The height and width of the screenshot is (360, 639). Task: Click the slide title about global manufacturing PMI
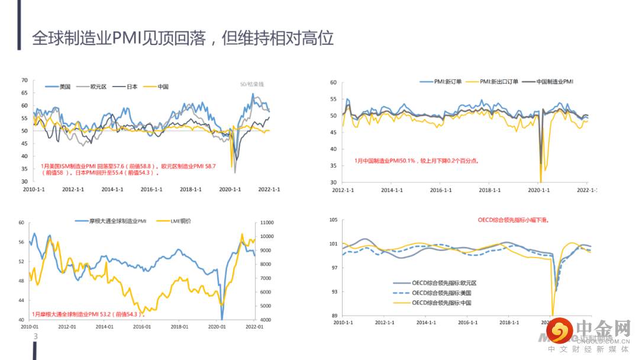coord(183,38)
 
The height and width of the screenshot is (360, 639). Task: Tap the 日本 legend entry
coord(132,86)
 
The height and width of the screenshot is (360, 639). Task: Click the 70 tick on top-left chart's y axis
coord(24,80)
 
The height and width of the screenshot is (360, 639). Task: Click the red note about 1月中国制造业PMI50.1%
coord(417,160)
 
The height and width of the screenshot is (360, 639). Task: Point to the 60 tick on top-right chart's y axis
coord(333,83)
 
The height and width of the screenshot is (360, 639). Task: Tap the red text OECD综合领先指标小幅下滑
coord(513,220)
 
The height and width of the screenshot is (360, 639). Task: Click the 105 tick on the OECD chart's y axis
coord(333,220)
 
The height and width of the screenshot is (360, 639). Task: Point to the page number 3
coord(35,337)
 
